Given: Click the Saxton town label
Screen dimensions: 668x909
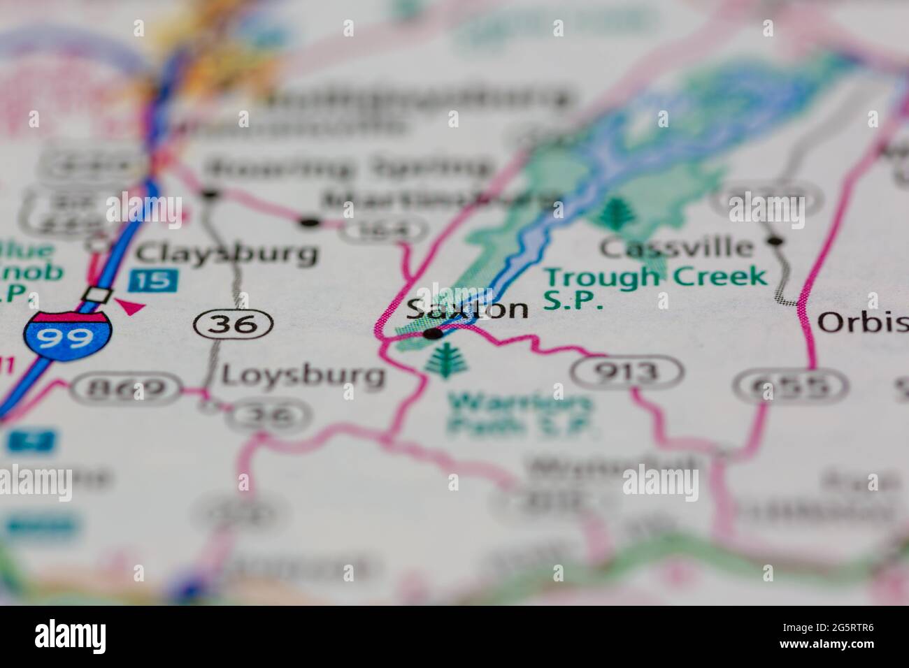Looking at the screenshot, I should (x=467, y=308).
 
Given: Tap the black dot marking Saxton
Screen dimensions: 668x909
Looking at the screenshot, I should (x=434, y=334).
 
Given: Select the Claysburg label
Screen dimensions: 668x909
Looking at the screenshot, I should (x=227, y=253).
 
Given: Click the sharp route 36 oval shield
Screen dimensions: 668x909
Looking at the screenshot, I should (x=234, y=324).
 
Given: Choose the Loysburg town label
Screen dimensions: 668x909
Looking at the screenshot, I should (x=303, y=376).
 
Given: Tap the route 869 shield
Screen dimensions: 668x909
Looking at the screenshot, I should (x=128, y=388).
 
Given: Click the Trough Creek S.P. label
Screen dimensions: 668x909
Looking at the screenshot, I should (x=655, y=286).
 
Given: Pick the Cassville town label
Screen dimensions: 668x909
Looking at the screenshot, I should (x=678, y=247).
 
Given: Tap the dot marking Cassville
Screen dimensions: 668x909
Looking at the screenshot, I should (x=773, y=241).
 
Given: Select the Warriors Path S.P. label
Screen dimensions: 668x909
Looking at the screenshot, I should (x=520, y=414).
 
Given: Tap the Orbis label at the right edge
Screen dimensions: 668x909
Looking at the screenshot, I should (x=862, y=322).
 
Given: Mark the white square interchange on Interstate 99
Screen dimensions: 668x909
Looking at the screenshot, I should (x=96, y=295).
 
